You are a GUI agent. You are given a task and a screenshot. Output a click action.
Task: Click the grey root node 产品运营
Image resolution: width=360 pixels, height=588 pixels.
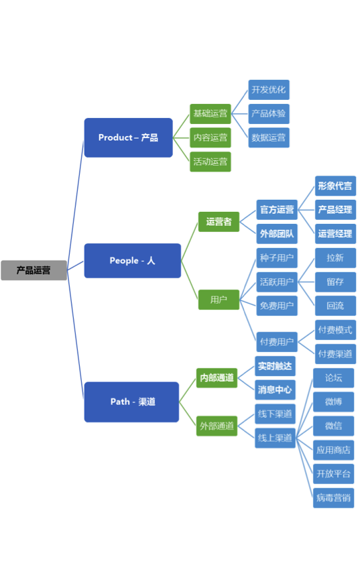pos(34,270)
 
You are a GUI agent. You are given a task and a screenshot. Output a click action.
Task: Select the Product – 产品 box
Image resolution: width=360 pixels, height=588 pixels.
pos(128,137)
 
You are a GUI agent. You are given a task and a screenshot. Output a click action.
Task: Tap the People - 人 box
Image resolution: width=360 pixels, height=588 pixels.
pos(132,261)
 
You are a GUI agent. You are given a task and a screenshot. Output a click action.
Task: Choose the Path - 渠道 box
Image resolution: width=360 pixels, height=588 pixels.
pos(131,402)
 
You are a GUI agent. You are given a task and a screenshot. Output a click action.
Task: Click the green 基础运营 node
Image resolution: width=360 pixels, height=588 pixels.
pos(211,113)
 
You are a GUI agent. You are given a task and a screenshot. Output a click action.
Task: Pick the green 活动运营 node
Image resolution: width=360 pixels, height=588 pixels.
pos(211,162)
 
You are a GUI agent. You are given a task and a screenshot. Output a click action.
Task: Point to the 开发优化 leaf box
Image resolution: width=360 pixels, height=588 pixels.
pos(269,90)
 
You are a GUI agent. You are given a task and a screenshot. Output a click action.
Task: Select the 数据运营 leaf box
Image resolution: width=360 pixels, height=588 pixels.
pos(269,137)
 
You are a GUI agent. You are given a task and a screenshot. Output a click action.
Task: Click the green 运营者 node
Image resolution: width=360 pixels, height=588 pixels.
pos(219,222)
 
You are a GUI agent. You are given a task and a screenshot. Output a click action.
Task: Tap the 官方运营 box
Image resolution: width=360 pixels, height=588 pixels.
pos(277,210)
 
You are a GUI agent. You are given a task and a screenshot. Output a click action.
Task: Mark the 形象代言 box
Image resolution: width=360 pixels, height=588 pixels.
pos(335,186)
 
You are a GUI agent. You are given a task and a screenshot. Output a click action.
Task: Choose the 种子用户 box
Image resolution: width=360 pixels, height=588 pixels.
pos(277,258)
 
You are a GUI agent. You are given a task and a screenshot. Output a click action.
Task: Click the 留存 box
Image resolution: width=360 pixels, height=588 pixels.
pos(335,282)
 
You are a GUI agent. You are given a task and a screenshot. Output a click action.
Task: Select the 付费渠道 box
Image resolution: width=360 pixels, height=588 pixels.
pos(335,354)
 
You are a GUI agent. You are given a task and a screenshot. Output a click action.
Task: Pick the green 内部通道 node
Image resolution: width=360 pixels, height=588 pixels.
pos(217,377)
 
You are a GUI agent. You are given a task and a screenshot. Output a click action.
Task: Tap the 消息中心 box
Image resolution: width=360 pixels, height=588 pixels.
pos(276,390)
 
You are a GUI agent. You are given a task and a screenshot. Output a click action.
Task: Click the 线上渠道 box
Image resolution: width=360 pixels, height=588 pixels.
pos(276,438)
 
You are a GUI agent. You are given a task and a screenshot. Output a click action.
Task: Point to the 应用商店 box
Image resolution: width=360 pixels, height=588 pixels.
pos(333,450)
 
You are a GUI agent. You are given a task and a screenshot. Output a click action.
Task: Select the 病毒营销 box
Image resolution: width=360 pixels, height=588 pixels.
pos(333,498)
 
